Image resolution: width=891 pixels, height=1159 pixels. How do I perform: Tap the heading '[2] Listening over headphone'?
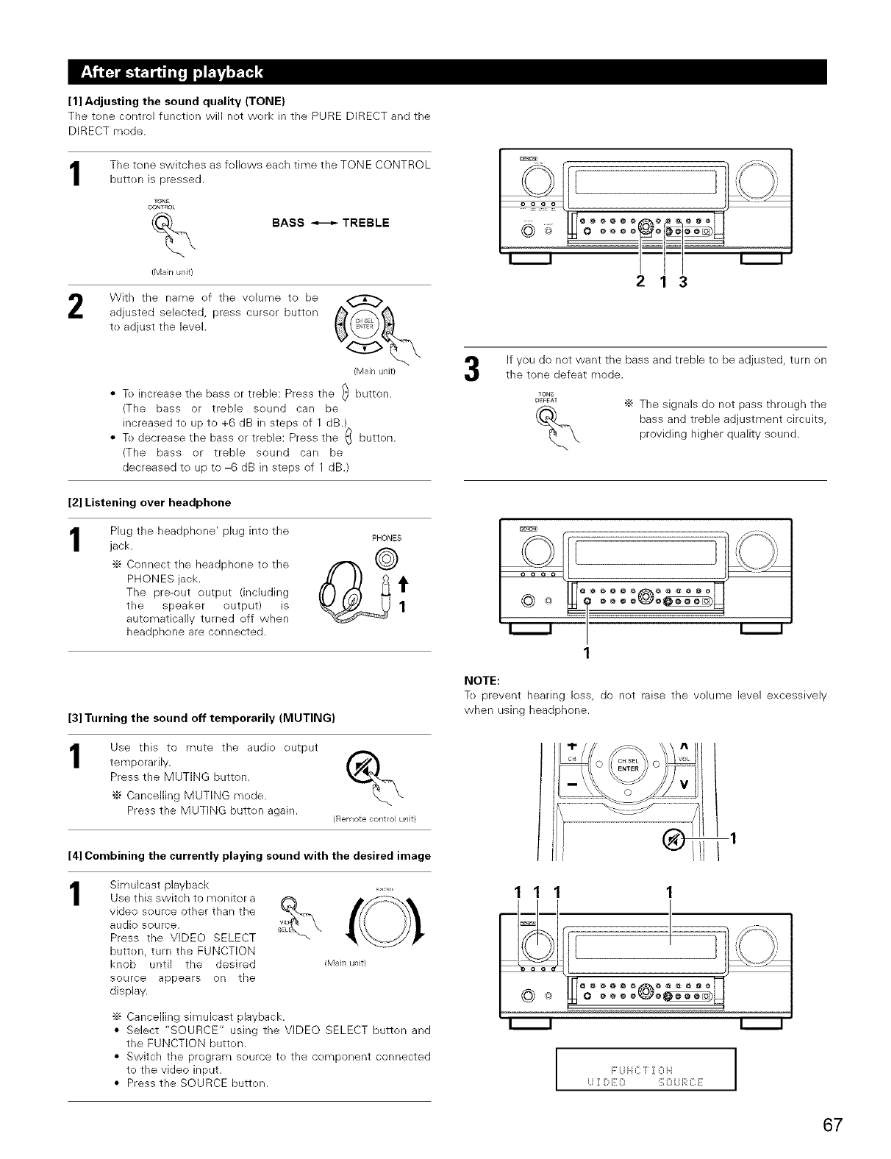[149, 502]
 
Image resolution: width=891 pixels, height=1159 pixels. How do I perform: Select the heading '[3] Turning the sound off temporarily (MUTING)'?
[202, 717]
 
